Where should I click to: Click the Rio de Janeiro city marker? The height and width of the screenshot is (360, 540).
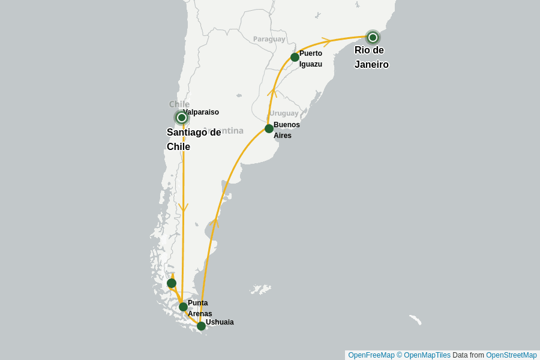coord(373,37)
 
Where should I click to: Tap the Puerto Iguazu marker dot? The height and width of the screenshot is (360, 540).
coord(295,57)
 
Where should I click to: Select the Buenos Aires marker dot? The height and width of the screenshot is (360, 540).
coord(269,128)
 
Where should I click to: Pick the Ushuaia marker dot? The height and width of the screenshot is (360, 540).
coord(201,326)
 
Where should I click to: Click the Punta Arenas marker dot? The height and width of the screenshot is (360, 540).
coord(183,307)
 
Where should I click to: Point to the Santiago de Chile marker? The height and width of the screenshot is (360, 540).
coord(181,118)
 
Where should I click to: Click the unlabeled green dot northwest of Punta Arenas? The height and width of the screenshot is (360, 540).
coord(172,283)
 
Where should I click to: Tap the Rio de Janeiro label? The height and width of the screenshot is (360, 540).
coord(371,58)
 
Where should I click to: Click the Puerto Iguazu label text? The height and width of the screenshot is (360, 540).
coord(311,59)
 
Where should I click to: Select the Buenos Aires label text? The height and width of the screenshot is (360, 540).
coord(286,130)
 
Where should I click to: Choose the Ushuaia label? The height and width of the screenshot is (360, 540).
coord(220,322)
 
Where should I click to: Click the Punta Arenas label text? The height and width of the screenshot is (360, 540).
coord(199,308)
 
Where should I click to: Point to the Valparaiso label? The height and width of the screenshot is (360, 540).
coord(202,112)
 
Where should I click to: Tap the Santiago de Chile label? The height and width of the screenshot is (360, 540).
coord(193,140)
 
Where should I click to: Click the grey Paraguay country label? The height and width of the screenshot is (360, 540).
coord(269,39)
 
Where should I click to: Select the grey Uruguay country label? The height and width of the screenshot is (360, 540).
coord(284,113)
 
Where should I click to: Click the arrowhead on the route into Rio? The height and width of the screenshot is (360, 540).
coord(326,41)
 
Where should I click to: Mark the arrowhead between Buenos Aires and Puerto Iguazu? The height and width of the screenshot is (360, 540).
coord(271,92)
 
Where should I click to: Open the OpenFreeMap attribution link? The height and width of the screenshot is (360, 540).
coord(371,355)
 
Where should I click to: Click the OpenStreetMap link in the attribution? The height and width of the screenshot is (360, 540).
coord(511,355)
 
